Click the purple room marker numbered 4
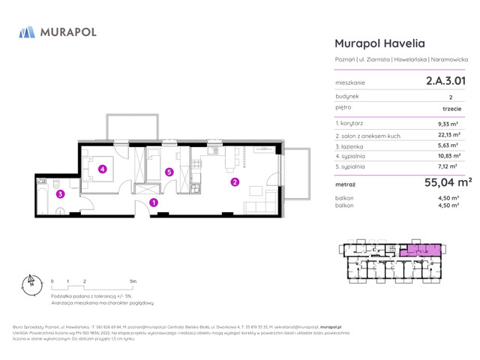pyautogui.click(x=103, y=169)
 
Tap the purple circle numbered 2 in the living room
pyautogui.click(x=234, y=181)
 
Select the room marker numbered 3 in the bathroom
pyautogui.click(x=60, y=194)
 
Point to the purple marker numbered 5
pyautogui.click(x=169, y=172)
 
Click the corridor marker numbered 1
pyautogui.click(x=153, y=202)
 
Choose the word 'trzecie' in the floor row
pyautogui.click(x=451, y=109)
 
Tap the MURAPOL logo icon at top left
pyautogui.click(x=27, y=32)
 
